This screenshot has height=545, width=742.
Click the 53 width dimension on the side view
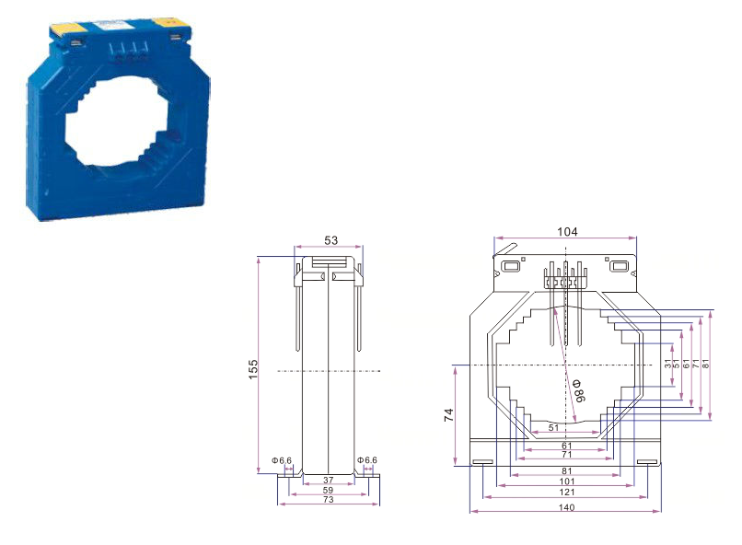coord(330,240)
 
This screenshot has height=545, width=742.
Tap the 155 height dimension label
coord(253,366)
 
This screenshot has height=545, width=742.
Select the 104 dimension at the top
coord(567,232)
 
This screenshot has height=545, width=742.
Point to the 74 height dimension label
coord(448,415)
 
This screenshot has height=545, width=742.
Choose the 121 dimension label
coord(567,493)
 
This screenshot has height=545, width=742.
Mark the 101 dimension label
coord(567,481)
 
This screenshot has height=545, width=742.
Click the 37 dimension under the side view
coord(329,480)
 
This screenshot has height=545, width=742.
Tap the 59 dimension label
coord(329,491)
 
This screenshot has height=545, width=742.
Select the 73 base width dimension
coord(329,502)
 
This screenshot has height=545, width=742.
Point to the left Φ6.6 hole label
coord(282,460)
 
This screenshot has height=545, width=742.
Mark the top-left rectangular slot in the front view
coord(510,268)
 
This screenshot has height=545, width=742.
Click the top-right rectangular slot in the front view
coord(620,268)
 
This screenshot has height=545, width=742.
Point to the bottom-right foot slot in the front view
coord(647,462)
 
